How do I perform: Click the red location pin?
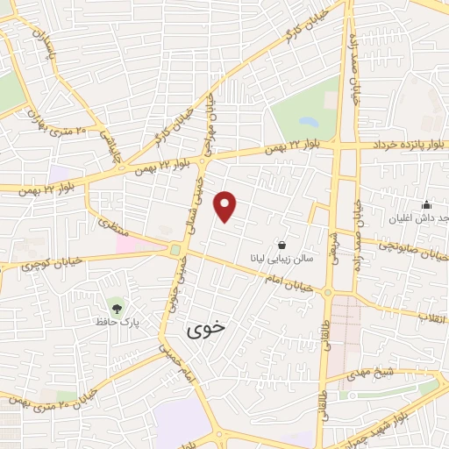pos(226,206)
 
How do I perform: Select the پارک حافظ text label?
pos(114,322)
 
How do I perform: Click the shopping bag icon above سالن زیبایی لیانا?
pos(281,245)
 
